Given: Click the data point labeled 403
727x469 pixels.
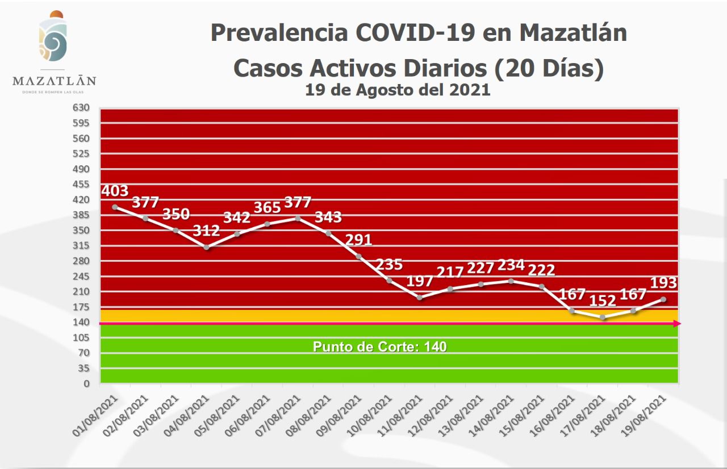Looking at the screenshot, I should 115,207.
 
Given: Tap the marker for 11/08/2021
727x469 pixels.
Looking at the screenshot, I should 419,298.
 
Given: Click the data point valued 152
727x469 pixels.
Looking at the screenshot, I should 603,317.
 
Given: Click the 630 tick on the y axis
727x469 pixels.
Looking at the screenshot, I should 82,107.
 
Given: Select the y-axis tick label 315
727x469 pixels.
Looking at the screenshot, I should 82,245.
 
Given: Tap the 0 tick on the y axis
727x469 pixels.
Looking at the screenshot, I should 86,384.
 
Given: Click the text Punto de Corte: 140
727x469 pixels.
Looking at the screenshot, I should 379,346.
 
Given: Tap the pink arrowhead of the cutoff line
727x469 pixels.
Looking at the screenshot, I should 676,324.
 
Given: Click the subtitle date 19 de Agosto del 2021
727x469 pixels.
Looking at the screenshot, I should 398,90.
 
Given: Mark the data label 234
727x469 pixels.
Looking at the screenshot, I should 511,265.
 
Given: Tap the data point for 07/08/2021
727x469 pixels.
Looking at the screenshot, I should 298,218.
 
